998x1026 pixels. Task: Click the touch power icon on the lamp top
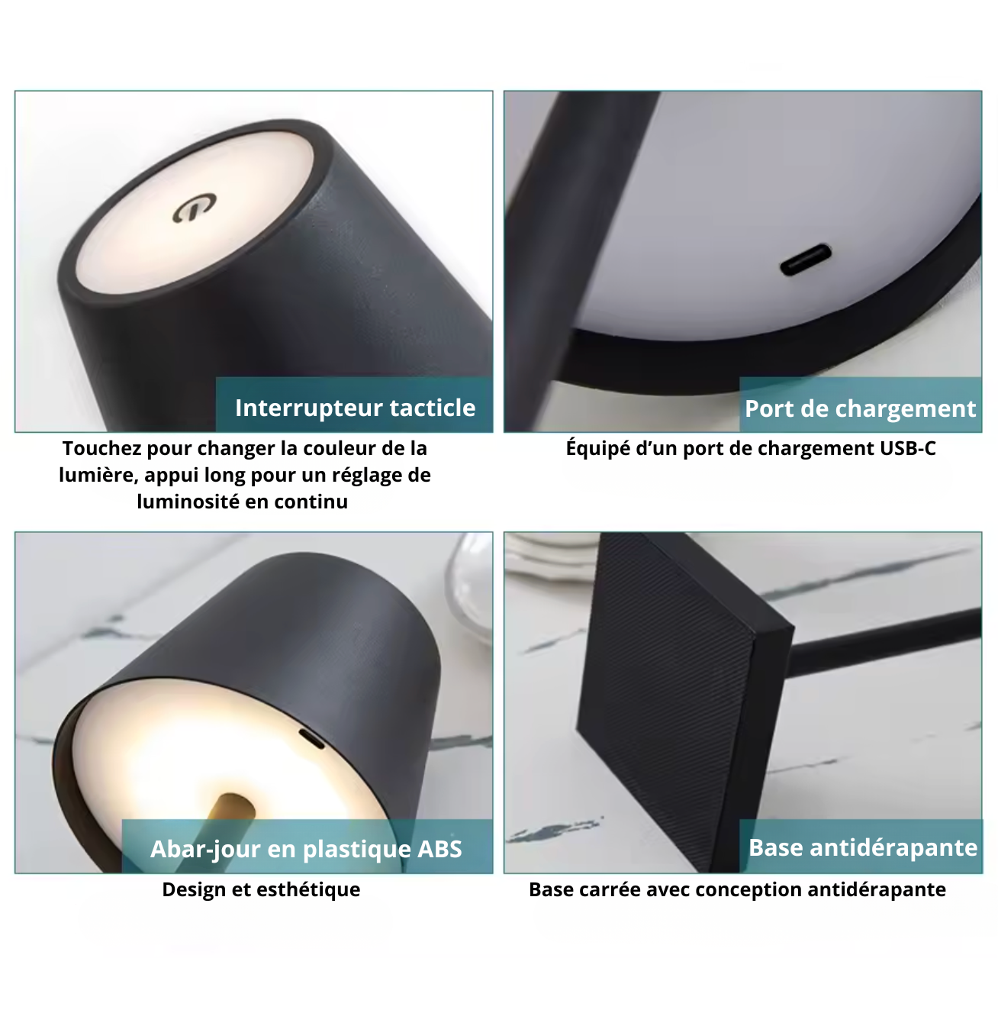tap(195, 208)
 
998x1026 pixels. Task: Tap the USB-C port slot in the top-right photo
tap(805, 260)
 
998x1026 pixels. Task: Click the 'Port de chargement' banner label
tap(860, 408)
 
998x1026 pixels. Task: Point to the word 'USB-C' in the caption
tap(907, 448)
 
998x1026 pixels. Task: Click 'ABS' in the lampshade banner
tap(439, 849)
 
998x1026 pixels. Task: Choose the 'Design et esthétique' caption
tap(261, 889)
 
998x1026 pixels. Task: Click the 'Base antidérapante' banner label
tap(862, 847)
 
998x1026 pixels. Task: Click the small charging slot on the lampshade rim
tap(311, 738)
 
